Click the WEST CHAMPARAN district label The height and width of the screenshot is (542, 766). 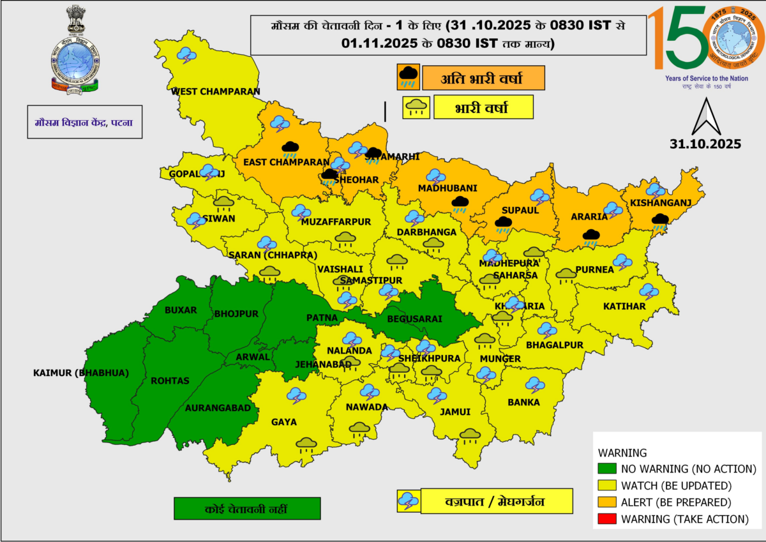[x=216, y=91]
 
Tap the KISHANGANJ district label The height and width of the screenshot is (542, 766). [x=661, y=203]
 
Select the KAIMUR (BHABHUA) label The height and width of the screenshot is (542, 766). [x=81, y=373]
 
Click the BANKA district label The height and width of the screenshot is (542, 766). [x=523, y=402]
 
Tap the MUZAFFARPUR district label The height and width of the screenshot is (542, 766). [x=336, y=222]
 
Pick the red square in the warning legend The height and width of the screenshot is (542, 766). [x=607, y=519]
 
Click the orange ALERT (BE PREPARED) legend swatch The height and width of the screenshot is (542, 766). [x=607, y=502]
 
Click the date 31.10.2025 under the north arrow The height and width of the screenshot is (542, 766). [x=705, y=144]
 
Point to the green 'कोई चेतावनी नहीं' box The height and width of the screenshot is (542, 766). [x=246, y=508]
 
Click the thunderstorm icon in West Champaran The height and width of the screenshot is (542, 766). [x=186, y=56]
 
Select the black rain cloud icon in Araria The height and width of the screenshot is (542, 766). [x=591, y=237]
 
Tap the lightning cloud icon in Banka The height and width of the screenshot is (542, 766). [x=535, y=385]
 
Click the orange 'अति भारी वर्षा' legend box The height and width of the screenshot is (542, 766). [x=483, y=79]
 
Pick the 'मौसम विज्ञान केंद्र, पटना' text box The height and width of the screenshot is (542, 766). [x=84, y=122]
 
